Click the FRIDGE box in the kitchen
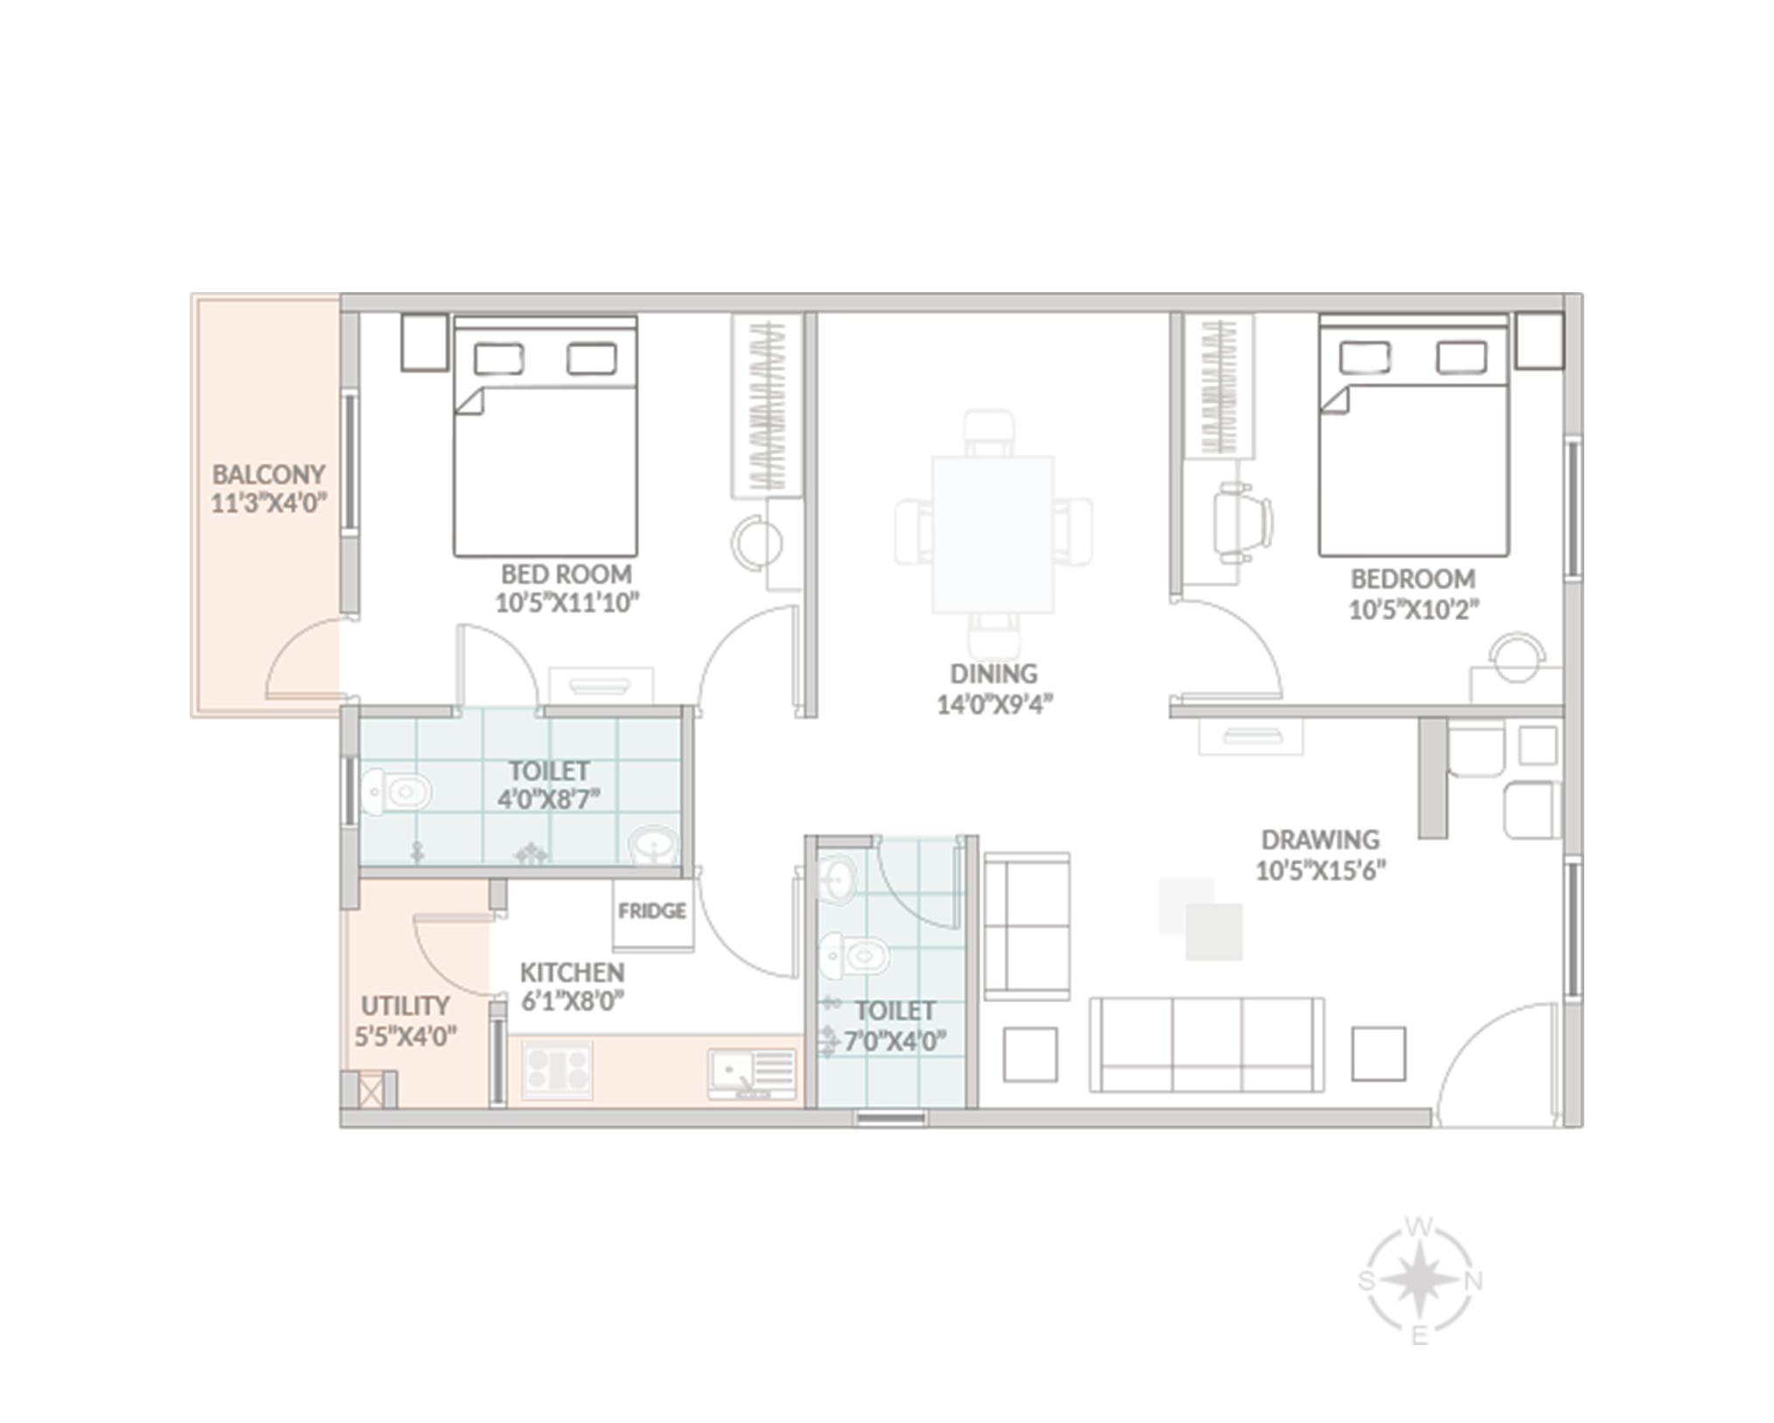(x=652, y=914)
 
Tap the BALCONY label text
(x=268, y=475)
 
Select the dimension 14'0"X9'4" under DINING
(x=994, y=705)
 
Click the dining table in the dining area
(x=992, y=534)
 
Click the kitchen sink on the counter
(x=752, y=1074)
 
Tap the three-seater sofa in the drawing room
(x=1207, y=1044)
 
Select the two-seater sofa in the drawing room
(x=1027, y=927)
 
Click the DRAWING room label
(x=1320, y=841)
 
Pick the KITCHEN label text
(x=572, y=973)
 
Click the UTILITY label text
(x=405, y=1006)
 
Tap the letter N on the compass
(x=1473, y=1282)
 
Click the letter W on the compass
(x=1418, y=1228)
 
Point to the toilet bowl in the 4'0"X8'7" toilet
(x=397, y=793)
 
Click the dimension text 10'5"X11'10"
(x=567, y=603)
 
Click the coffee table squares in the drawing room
(x=1200, y=918)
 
